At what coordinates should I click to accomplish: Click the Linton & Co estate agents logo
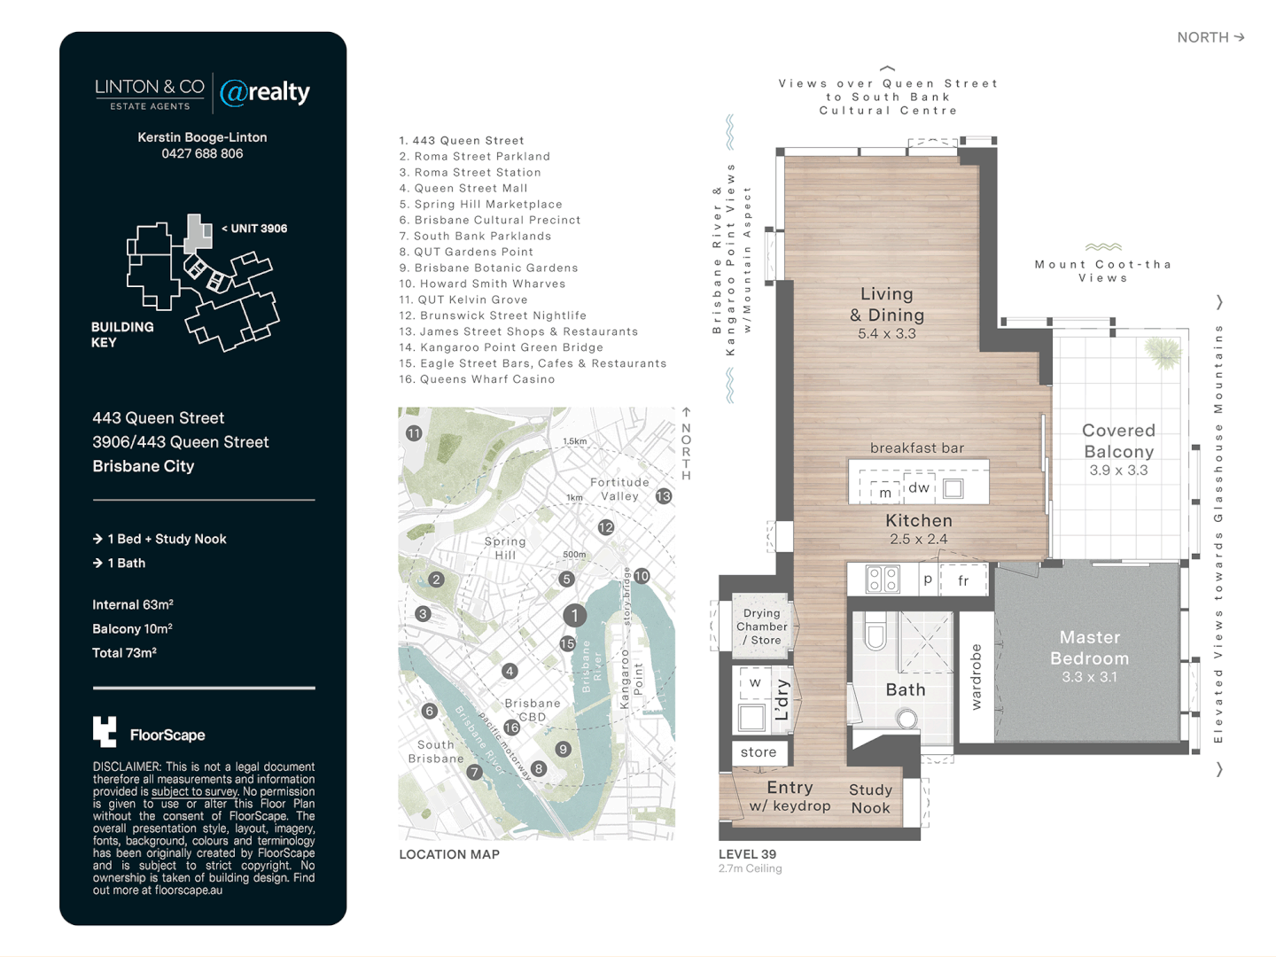point(149,93)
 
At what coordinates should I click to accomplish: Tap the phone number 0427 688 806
point(202,153)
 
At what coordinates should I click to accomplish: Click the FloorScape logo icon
point(105,732)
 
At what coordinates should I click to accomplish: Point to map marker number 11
point(414,433)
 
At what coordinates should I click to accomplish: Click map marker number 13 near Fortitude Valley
point(664,496)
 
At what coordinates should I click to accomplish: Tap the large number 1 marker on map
point(574,615)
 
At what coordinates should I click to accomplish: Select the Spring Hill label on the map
point(505,548)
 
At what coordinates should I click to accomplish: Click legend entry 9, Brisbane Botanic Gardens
point(488,268)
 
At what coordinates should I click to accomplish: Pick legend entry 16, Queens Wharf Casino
point(477,379)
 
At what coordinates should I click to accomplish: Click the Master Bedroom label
point(1089,648)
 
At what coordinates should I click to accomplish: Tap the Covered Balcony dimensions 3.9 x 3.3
point(1118,471)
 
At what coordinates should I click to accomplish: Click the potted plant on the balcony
point(1163,353)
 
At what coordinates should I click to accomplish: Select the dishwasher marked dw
point(919,487)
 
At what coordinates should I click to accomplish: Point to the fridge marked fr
point(963,580)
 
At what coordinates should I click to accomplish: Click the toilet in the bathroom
point(875,634)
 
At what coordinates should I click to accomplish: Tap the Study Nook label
point(870,798)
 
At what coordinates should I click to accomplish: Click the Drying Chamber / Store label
point(761,626)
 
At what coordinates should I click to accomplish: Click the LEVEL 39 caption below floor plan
point(747,854)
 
